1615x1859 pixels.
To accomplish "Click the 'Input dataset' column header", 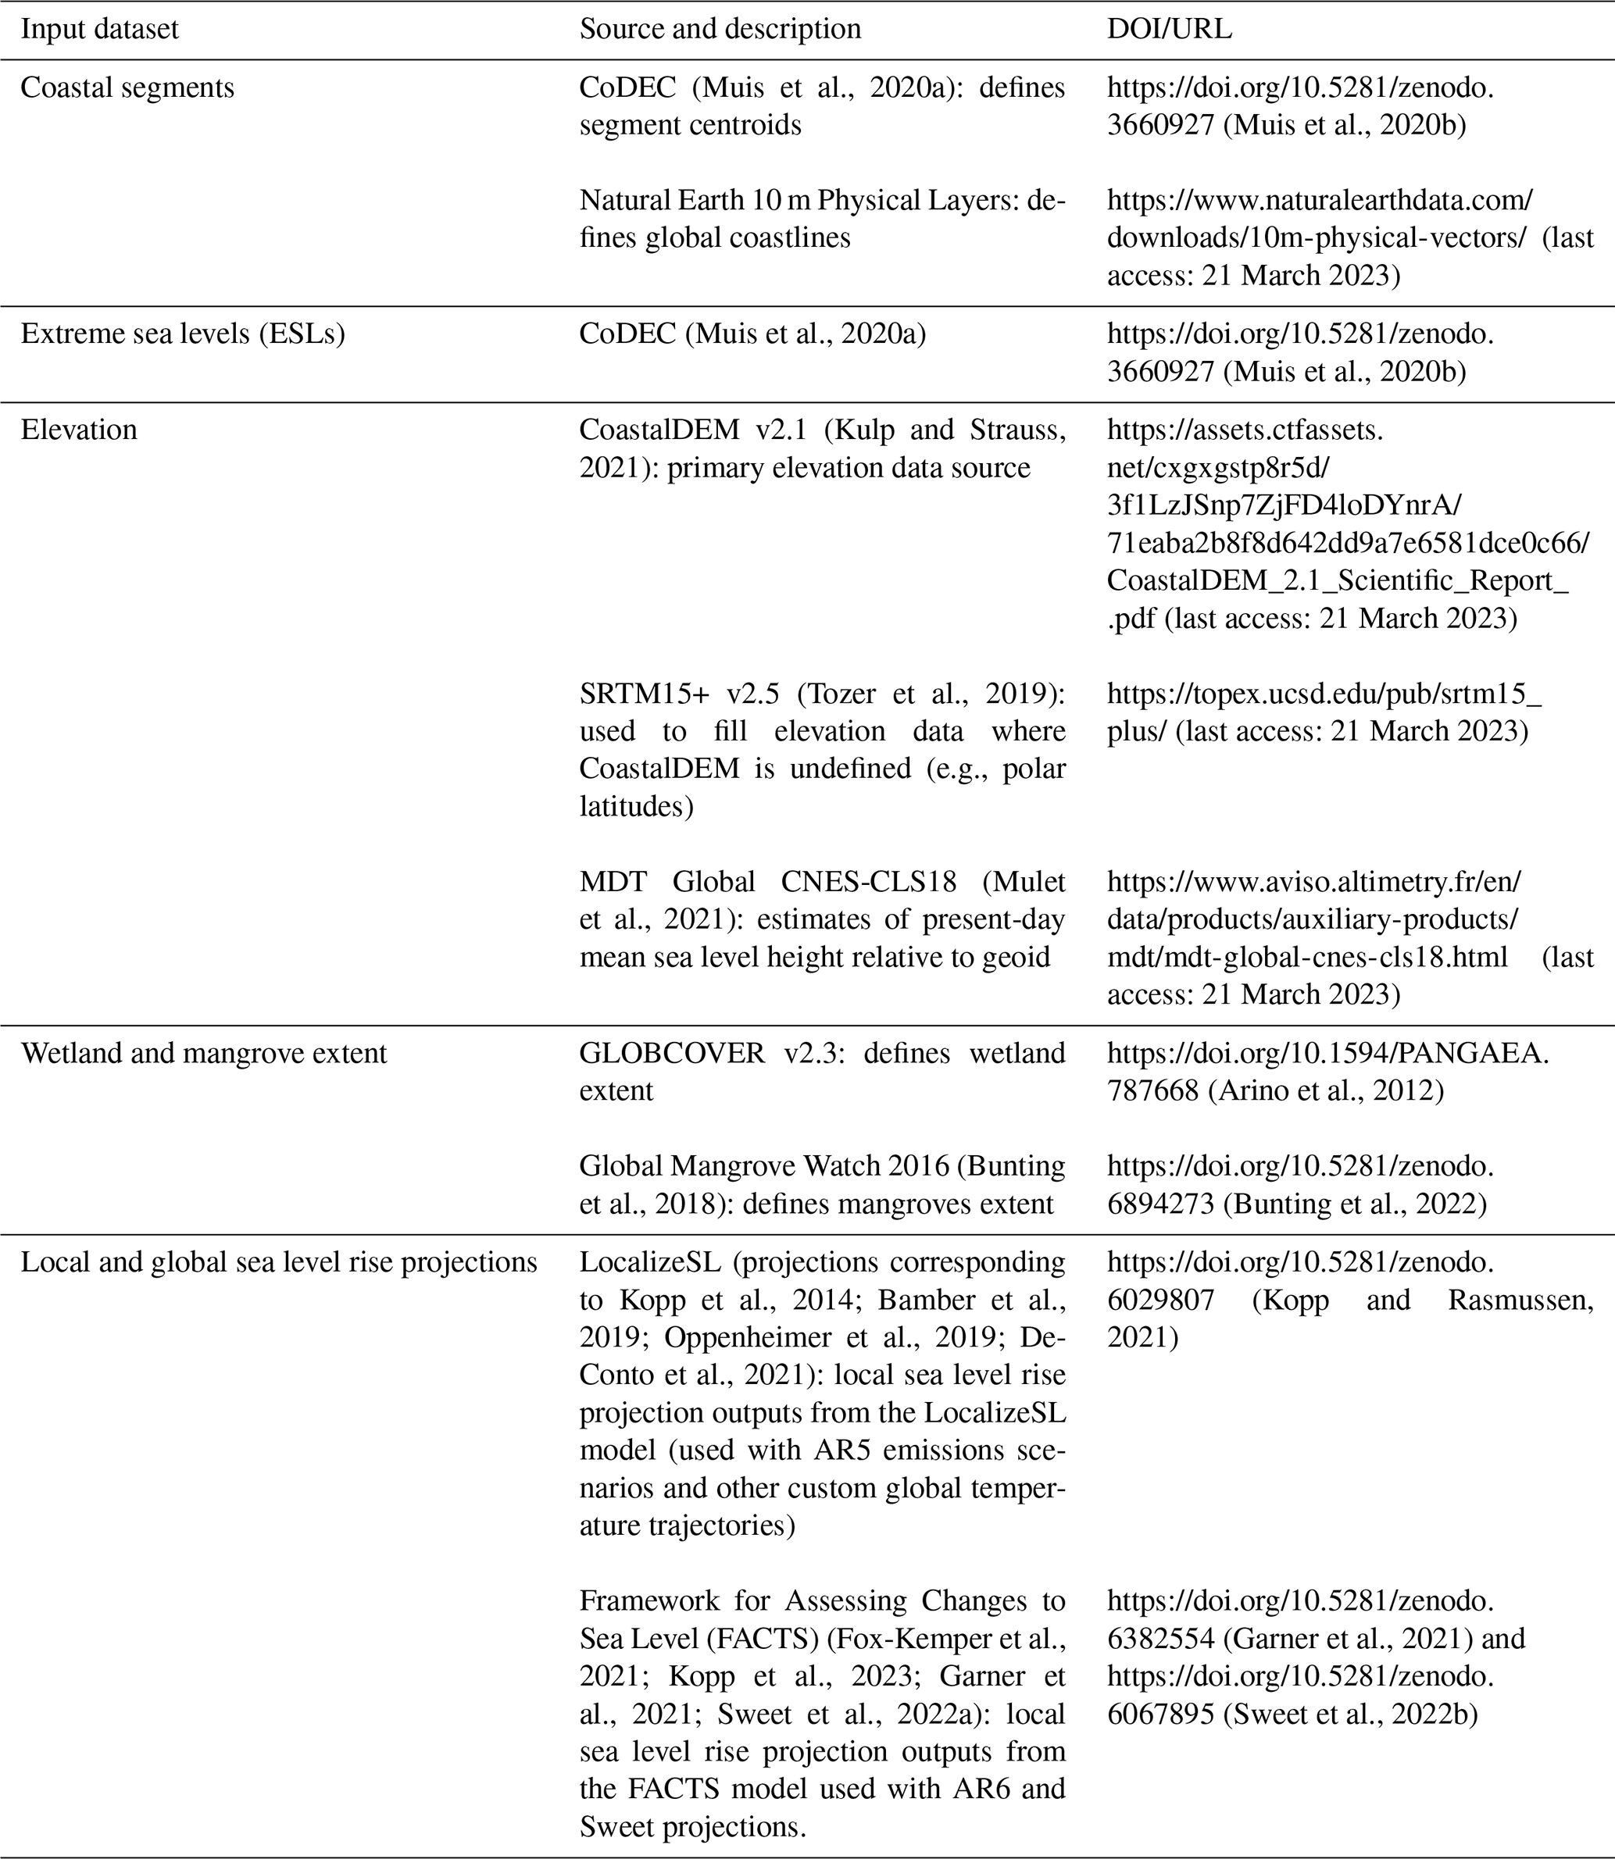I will pos(99,29).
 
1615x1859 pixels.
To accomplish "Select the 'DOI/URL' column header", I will pos(1169,29).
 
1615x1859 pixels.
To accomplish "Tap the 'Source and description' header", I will pos(720,29).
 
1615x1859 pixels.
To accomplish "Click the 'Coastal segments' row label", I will pos(127,87).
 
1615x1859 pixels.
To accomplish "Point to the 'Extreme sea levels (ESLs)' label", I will pos(182,334).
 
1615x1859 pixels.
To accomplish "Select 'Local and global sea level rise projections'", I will pos(278,1262).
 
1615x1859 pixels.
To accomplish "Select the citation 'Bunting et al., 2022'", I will pos(1352,1204).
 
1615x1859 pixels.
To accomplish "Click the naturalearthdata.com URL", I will pos(1319,200).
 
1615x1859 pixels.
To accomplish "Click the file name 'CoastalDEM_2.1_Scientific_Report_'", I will pos(1337,580).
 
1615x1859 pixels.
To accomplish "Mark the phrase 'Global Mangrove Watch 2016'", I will pos(763,1166).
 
